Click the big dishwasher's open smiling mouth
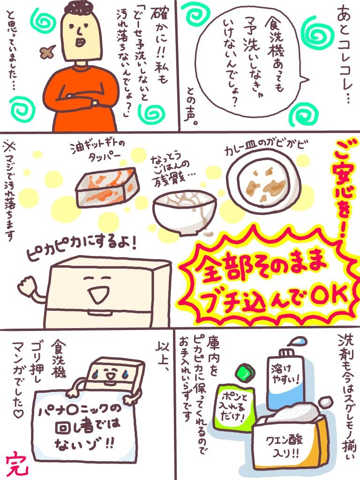[97, 295]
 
